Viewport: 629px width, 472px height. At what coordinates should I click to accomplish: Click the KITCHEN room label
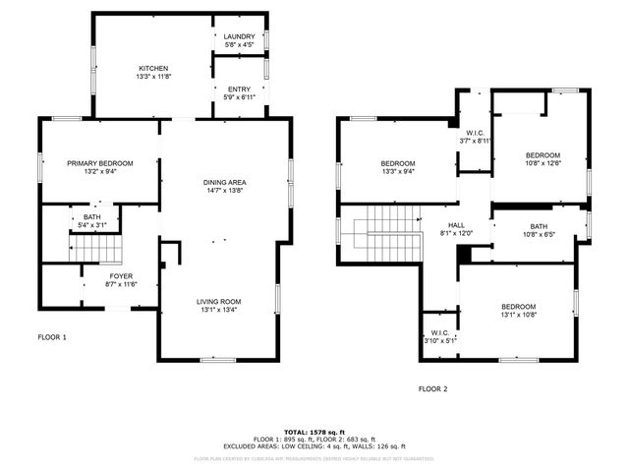[x=152, y=68]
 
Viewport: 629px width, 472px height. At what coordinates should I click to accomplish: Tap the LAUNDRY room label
[x=239, y=36]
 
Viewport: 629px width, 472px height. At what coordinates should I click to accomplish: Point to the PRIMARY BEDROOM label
[x=99, y=163]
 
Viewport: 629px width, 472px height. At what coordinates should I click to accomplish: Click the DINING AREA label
[x=224, y=182]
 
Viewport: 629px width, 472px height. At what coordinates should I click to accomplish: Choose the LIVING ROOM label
[x=218, y=301]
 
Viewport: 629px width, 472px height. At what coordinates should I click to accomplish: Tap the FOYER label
[x=121, y=276]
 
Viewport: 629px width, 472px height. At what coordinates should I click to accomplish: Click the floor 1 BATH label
[x=92, y=217]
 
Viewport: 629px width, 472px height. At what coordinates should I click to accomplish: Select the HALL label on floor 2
[x=456, y=224]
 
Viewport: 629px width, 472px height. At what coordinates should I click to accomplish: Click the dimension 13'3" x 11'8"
[x=152, y=77]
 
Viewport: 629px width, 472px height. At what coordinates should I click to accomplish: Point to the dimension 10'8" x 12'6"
[x=542, y=163]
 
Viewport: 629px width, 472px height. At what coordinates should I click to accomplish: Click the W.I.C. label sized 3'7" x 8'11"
[x=475, y=133]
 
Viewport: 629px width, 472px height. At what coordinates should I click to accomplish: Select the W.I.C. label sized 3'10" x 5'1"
[x=439, y=332]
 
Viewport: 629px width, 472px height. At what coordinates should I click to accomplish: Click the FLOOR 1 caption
[x=52, y=337]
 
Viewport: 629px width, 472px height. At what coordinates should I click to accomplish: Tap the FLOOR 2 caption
[x=432, y=388]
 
